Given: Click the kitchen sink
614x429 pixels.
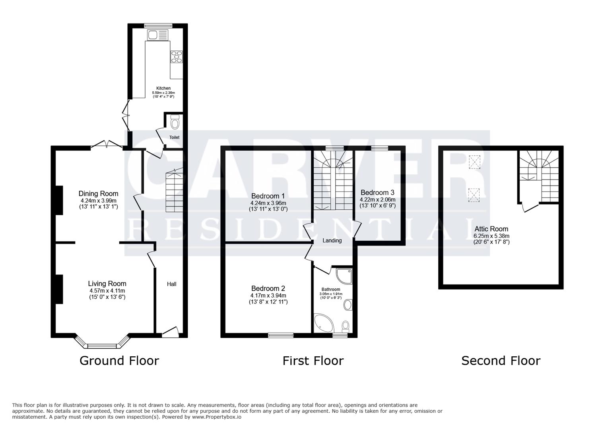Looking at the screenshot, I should point(157,35).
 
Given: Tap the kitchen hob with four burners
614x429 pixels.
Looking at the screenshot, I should point(177,57).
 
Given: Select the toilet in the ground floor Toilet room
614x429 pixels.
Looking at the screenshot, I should point(175,123).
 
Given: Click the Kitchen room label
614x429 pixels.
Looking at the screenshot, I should point(163,88).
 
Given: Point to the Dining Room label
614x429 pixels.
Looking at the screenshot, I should point(98,194).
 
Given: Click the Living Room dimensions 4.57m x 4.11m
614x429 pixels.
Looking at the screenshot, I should point(107,291).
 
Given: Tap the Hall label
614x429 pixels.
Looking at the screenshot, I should point(171,284).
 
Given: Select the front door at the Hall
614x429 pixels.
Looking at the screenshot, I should point(170,332).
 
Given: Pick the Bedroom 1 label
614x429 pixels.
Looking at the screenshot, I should point(268,196).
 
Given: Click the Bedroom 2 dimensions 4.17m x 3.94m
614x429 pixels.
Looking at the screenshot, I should point(268,296).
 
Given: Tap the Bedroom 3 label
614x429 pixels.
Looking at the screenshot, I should point(377,193).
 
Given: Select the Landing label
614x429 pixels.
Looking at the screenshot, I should point(332,240).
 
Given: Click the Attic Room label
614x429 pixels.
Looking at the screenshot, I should point(491,229).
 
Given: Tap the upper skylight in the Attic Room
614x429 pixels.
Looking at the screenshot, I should point(474,162).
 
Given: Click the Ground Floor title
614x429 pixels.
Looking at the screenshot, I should point(119,361).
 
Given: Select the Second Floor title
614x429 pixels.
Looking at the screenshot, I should point(501,361).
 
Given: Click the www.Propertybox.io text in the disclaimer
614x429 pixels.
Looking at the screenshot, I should point(217,417).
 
